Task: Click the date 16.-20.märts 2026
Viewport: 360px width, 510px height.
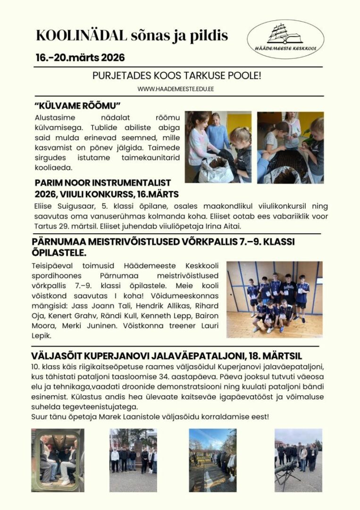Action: coord(80,58)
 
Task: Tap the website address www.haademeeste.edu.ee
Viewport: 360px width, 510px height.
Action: coord(176,89)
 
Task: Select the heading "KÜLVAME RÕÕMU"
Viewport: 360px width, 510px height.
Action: coord(78,105)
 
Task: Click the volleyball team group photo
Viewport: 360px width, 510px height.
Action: coord(274,299)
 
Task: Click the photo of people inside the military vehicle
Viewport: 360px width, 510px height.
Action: coord(58,460)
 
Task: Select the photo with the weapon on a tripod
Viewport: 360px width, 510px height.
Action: coord(298,460)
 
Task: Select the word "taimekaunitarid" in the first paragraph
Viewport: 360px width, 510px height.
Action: coord(140,158)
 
